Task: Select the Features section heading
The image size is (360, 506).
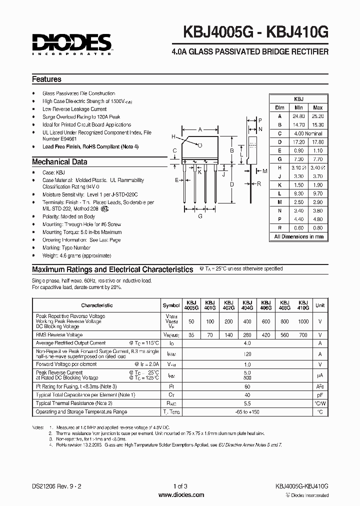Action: tap(46, 79)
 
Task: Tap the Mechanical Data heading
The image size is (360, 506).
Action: tap(59, 162)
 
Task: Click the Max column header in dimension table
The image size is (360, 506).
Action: tap(317, 107)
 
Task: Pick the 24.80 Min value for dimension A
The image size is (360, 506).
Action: tap(298, 115)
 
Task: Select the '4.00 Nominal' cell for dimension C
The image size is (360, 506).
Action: tap(307, 133)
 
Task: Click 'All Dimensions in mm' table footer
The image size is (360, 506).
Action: tap(298, 236)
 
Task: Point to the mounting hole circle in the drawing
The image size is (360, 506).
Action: tap(199, 145)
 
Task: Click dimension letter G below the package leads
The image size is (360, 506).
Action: tap(200, 216)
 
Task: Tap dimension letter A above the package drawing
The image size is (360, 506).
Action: tap(200, 129)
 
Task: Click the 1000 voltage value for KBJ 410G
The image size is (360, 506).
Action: tap(303, 322)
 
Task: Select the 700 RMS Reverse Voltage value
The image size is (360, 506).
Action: tap(303, 334)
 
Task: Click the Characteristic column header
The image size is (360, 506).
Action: tap(96, 305)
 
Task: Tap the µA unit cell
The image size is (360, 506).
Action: tap(320, 375)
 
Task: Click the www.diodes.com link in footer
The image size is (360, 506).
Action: tap(180, 495)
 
